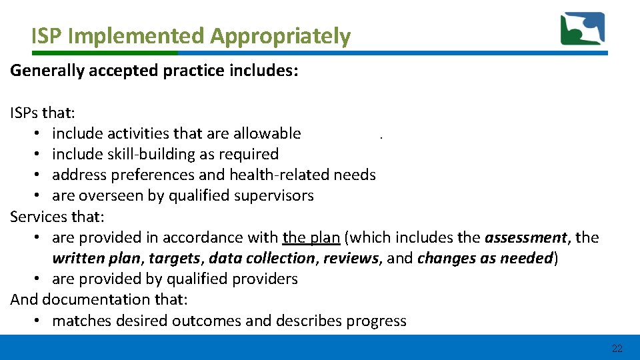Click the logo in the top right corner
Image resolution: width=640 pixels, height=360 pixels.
point(582,29)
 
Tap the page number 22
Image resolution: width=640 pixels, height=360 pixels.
point(617,348)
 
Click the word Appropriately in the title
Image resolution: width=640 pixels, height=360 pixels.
point(280,36)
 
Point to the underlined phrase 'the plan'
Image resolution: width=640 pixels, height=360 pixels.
point(311,237)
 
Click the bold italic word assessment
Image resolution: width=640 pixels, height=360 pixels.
point(526,237)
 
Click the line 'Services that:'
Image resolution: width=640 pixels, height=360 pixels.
point(57,217)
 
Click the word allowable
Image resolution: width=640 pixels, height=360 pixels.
point(268,133)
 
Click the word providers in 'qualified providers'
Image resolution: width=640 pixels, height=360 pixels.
point(267,279)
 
